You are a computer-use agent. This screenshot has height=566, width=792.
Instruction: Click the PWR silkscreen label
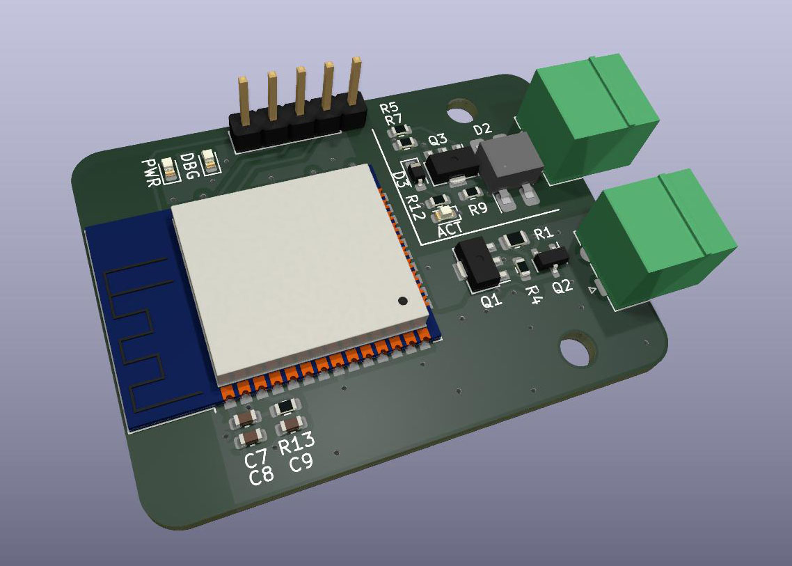pyautogui.click(x=152, y=173)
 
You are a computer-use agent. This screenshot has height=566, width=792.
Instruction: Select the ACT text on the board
pyautogui.click(x=450, y=230)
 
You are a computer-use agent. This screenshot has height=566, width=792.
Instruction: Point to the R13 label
pyautogui.click(x=297, y=443)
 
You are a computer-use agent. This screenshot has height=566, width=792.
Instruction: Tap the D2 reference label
pyautogui.click(x=482, y=129)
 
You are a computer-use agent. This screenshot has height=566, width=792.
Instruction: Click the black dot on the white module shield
pyautogui.click(x=402, y=301)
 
